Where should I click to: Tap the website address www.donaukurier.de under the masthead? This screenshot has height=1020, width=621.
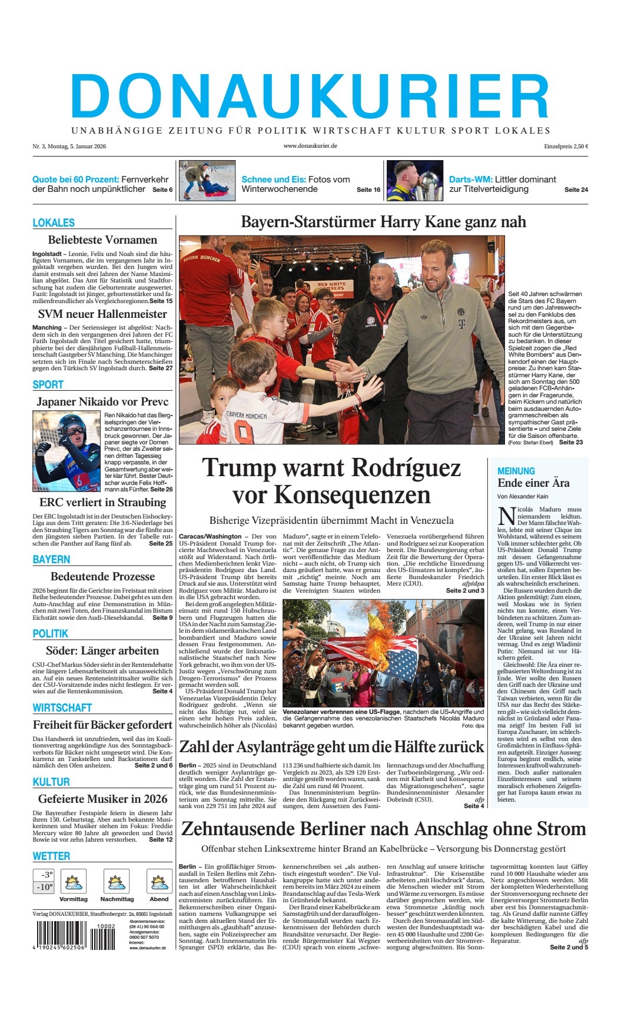tap(310, 147)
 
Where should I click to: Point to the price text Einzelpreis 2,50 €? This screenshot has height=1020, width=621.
tap(566, 147)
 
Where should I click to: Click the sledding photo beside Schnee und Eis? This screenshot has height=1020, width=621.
tap(207, 181)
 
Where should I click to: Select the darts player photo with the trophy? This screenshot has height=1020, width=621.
tap(414, 181)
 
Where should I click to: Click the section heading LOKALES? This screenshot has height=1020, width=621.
tap(54, 222)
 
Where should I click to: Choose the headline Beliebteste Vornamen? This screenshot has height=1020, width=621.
tap(102, 240)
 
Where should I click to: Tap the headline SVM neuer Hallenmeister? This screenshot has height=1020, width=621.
tap(102, 314)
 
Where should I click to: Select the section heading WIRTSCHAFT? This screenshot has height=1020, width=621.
tap(62, 707)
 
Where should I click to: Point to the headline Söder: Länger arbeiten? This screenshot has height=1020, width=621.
tap(102, 650)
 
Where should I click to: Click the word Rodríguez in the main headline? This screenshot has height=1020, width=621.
tap(406, 468)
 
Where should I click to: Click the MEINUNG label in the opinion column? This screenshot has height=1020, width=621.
tap(516, 471)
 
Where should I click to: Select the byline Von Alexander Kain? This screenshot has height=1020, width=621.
tap(523, 497)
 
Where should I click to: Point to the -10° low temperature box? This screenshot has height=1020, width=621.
tap(44, 887)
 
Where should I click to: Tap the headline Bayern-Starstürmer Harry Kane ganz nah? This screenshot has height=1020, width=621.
tap(383, 222)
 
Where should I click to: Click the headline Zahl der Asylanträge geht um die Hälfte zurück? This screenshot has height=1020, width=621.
tap(331, 747)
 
